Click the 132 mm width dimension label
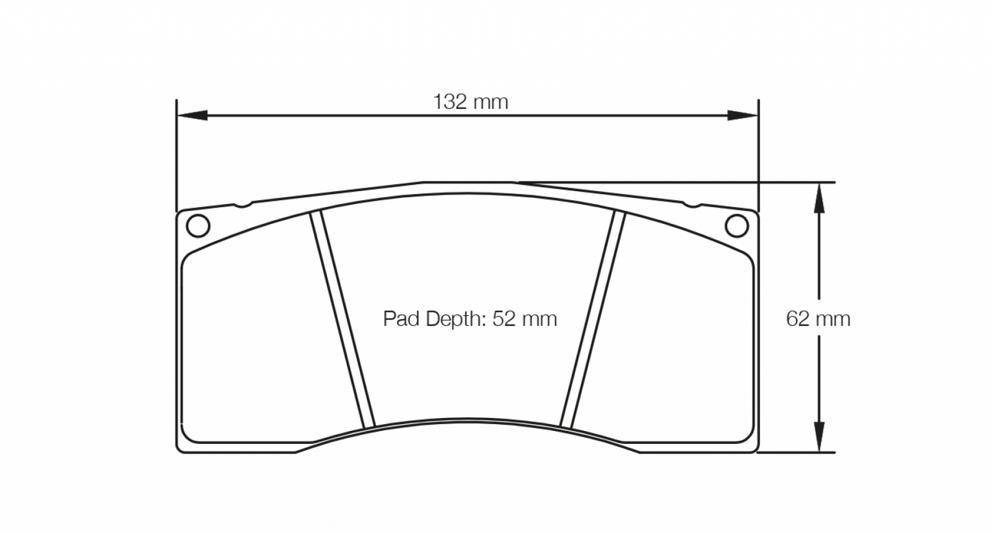click(470, 102)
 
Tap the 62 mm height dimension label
click(818, 319)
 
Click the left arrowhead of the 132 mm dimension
click(192, 115)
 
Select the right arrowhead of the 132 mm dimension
click(743, 115)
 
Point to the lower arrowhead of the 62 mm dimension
click(817, 438)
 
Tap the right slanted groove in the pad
click(593, 319)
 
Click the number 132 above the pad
click(449, 102)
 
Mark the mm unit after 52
click(538, 319)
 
